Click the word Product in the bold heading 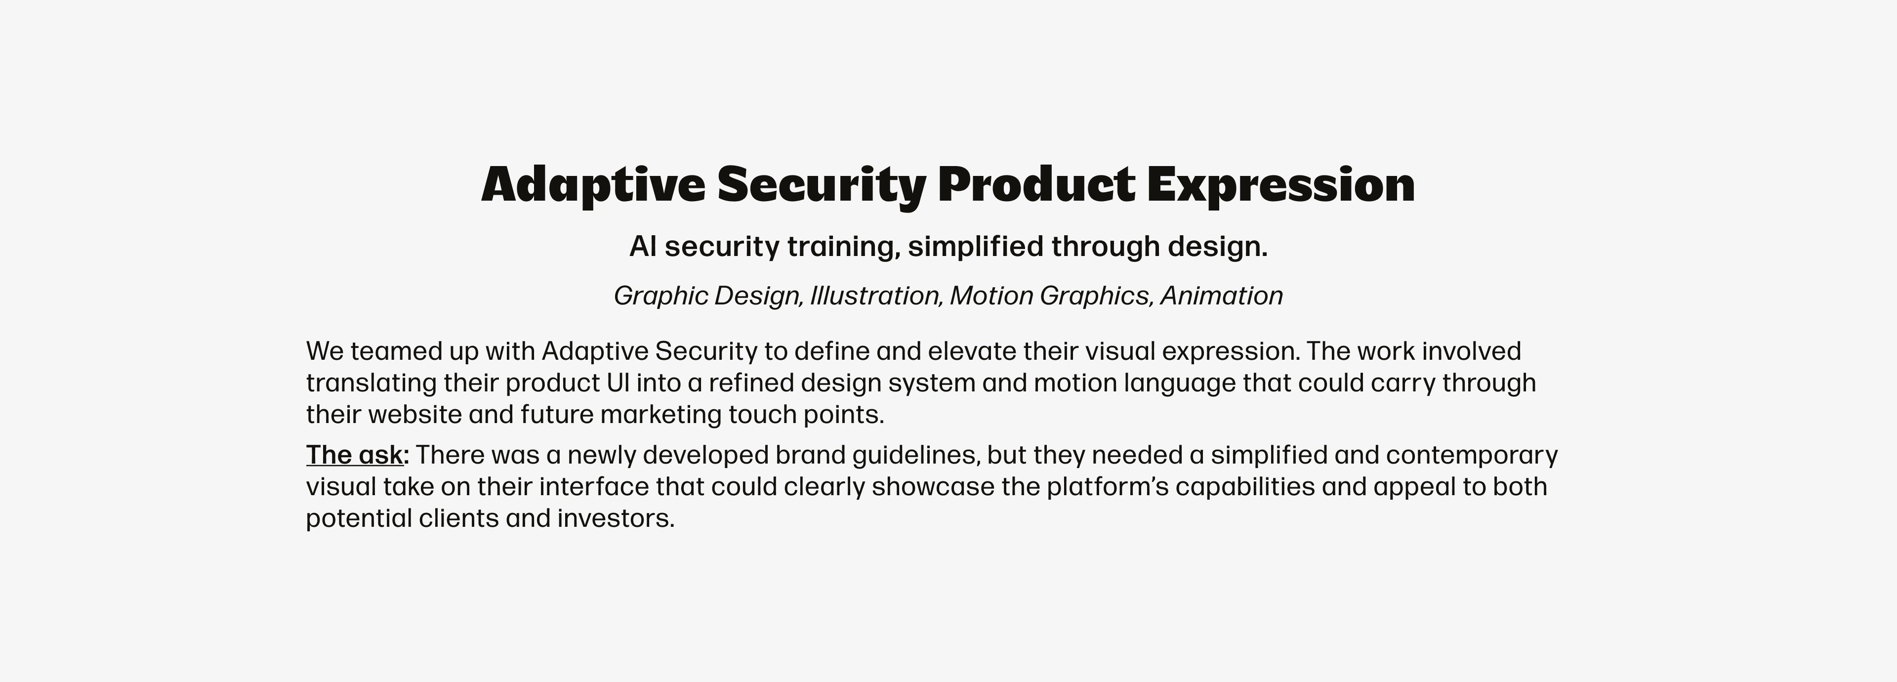click(1036, 184)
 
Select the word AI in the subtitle click(642, 246)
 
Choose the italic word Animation click(1221, 296)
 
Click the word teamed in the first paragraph click(395, 351)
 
